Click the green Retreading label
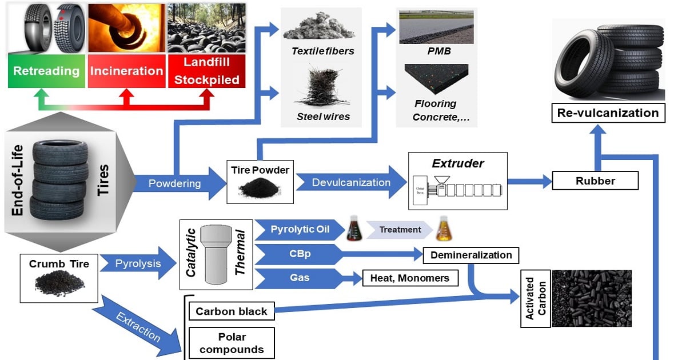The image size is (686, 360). click(46, 71)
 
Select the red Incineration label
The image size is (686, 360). click(126, 71)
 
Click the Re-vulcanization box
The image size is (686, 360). click(608, 113)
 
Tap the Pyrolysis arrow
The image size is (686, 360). click(138, 264)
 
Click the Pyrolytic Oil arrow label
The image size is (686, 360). click(292, 230)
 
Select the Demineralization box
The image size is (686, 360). click(471, 255)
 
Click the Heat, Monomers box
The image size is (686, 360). click(410, 278)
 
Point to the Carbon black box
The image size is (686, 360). click(231, 311)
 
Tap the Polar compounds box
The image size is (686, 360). click(231, 343)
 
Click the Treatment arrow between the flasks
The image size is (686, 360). click(400, 230)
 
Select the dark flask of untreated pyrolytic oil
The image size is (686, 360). click(356, 230)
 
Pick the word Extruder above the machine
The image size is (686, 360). click(457, 164)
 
